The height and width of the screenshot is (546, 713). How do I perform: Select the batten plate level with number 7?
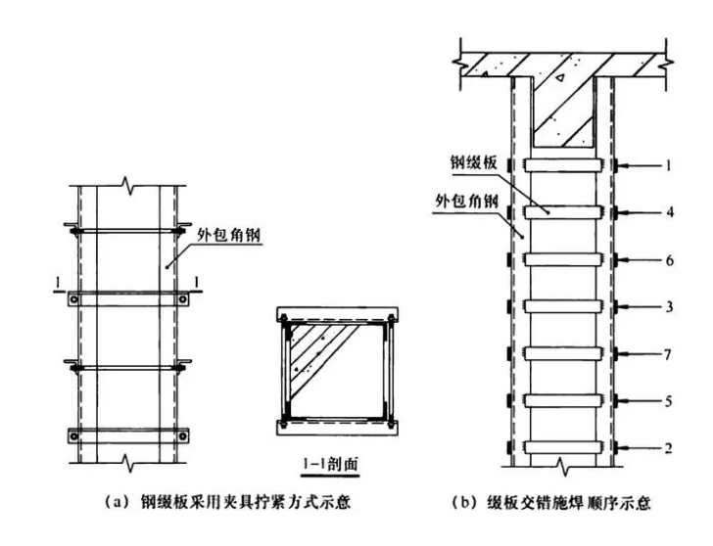pyautogui.click(x=564, y=352)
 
